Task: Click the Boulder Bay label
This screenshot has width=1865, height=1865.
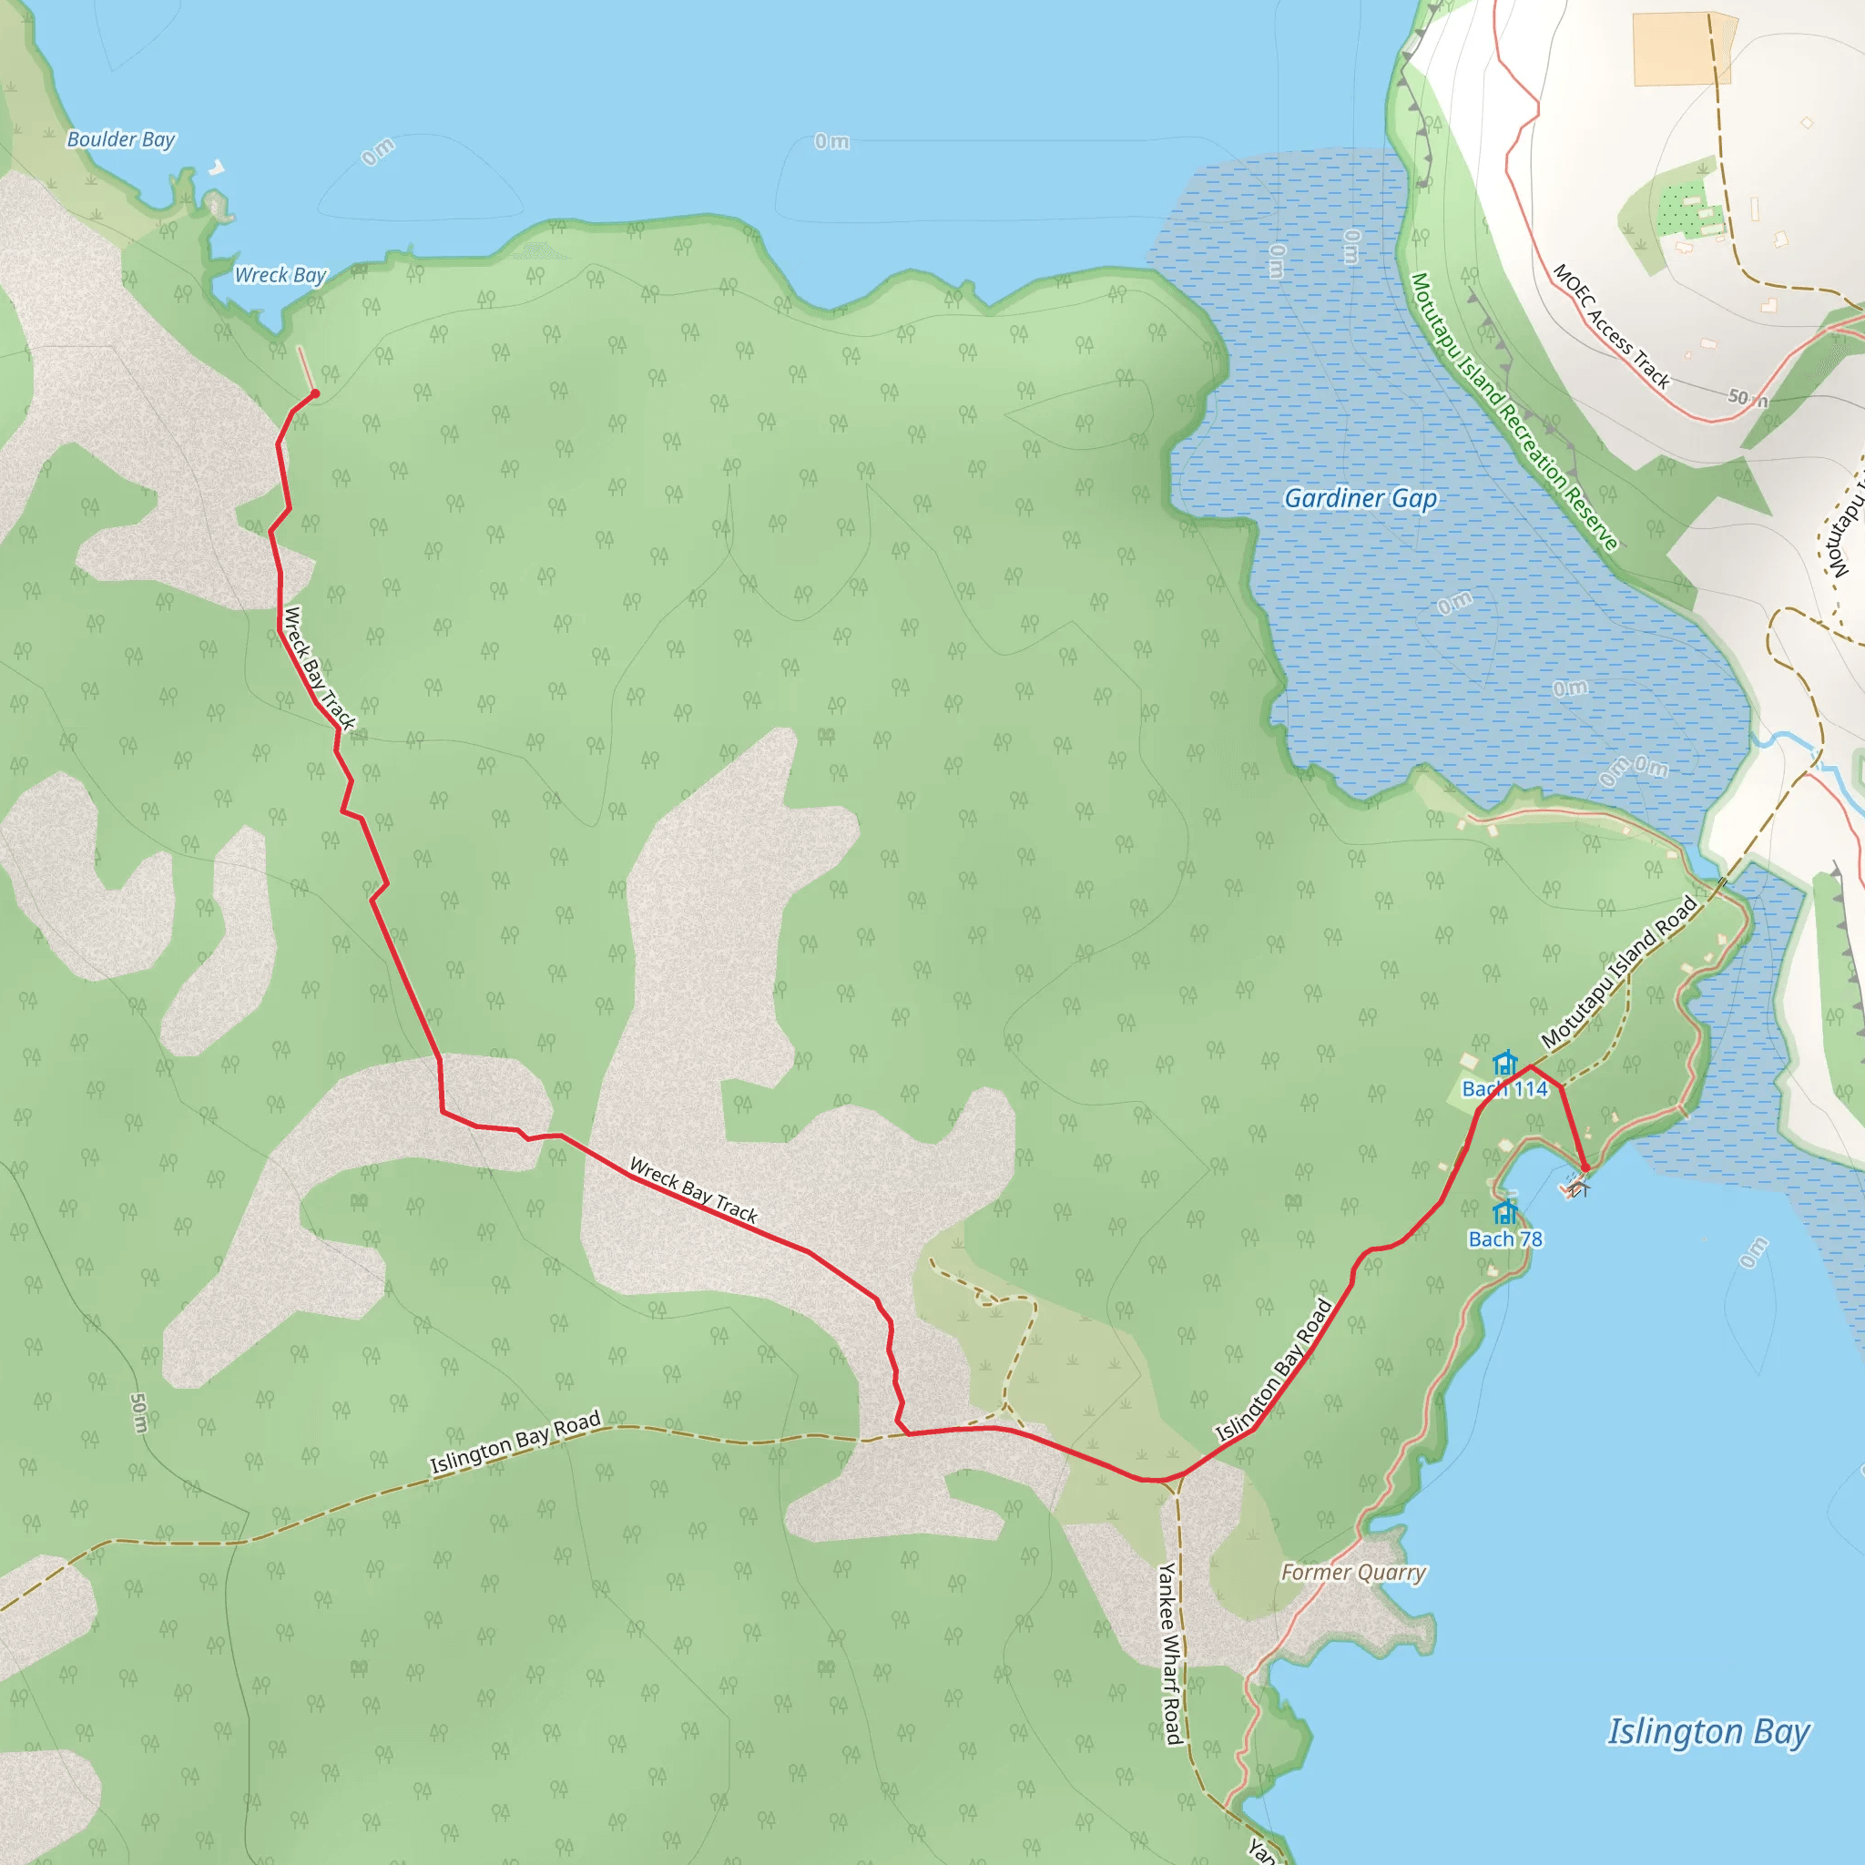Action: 121,140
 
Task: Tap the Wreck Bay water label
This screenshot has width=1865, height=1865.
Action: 280,275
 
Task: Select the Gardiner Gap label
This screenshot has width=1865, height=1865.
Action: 1361,498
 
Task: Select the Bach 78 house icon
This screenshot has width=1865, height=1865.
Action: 1505,1212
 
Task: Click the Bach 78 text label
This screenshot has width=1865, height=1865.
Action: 1505,1239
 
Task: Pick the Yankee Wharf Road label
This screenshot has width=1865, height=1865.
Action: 1170,1652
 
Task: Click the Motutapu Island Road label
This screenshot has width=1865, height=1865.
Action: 1620,972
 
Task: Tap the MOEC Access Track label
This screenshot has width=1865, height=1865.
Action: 1611,326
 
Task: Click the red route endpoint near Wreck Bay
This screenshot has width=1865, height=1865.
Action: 315,392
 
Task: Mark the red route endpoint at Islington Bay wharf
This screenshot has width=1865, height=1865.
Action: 1585,1169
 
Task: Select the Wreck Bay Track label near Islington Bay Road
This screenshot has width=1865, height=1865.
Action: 693,1190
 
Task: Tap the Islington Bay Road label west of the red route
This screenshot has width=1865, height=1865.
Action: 515,1442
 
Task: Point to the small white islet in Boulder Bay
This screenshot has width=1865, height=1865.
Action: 218,168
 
